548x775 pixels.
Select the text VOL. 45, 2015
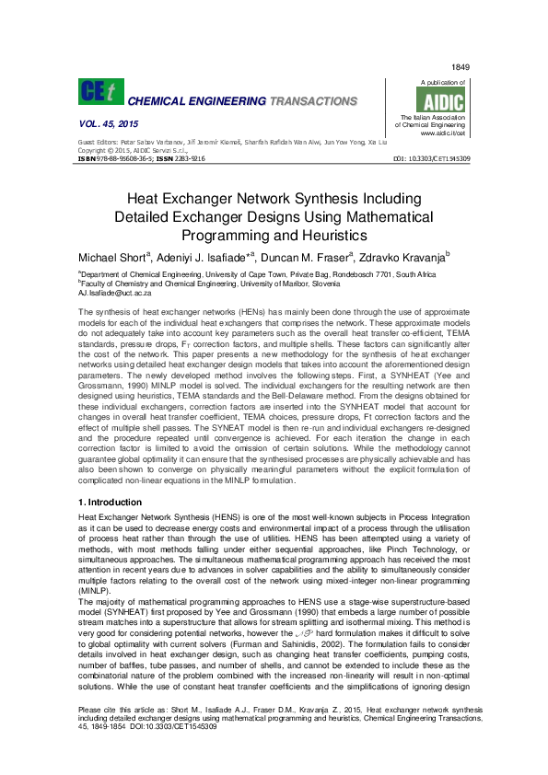point(102,124)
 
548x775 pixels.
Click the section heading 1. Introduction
point(111,503)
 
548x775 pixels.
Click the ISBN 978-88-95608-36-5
point(123,158)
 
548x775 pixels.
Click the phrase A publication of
point(441,82)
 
